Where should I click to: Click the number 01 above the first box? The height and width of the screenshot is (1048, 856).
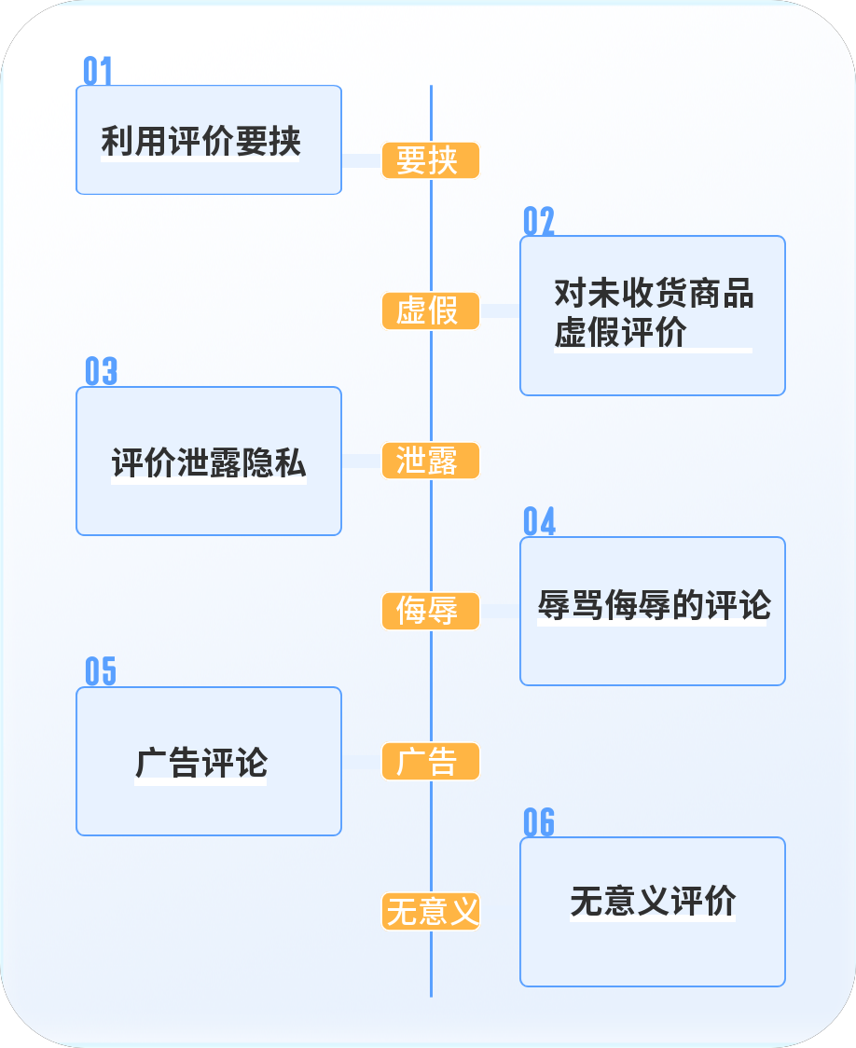(98, 71)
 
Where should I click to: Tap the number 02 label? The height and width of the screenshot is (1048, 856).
(539, 221)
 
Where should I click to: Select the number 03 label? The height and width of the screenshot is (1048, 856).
(101, 371)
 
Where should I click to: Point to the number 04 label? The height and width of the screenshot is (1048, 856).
(539, 522)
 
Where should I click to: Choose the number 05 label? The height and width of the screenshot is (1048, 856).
(101, 671)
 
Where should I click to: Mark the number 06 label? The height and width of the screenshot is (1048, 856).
(539, 822)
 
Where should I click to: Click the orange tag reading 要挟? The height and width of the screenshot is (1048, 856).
(430, 160)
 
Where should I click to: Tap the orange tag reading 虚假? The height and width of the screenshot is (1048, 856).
(430, 310)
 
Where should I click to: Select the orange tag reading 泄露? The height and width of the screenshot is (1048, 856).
(430, 461)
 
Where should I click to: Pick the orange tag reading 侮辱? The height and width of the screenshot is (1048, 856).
(430, 611)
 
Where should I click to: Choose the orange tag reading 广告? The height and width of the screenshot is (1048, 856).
(430, 761)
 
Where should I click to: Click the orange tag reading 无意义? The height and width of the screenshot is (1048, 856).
(430, 911)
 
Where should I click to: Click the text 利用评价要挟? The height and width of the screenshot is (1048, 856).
(201, 143)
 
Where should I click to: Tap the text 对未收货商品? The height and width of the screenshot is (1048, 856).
(654, 294)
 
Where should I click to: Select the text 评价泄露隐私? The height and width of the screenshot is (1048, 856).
(209, 462)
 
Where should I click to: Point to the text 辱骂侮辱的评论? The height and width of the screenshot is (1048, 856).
(654, 606)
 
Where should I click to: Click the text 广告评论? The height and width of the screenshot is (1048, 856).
(201, 763)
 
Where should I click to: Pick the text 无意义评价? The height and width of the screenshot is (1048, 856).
(653, 902)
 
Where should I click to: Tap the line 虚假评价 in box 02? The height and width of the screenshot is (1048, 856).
(620, 333)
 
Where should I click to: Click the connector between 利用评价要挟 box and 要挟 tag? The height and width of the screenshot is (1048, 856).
(362, 160)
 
